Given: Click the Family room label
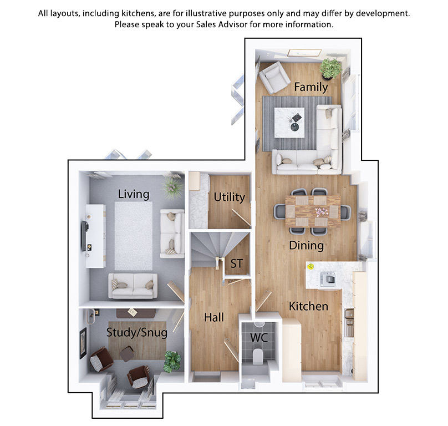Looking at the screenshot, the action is point(311,87).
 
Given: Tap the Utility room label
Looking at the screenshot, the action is point(229,197).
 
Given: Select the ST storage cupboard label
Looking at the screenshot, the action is point(237,263).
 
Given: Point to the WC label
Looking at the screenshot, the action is point(259,338).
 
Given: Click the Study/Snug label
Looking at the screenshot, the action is point(137,332).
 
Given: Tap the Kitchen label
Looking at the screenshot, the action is point(308,307).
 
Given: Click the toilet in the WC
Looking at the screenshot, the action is point(258,356).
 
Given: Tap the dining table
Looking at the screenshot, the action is point(313,211).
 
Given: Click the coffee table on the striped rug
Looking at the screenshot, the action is point(289,123).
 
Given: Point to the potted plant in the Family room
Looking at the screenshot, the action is point(331,68).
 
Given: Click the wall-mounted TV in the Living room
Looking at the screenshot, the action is point(85,236).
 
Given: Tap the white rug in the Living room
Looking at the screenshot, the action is point(134,236).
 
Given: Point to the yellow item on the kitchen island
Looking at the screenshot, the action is point(310,267).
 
